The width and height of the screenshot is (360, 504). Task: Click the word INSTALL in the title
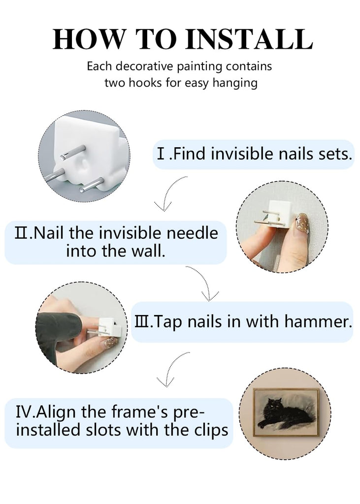coord(249,39)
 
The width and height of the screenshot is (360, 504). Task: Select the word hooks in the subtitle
coord(146,83)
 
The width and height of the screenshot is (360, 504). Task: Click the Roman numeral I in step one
coord(161,154)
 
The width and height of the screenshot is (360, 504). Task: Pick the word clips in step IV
coord(211,430)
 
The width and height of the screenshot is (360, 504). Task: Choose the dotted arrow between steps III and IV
coord(171,369)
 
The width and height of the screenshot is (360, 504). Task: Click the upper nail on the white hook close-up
coord(73,153)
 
